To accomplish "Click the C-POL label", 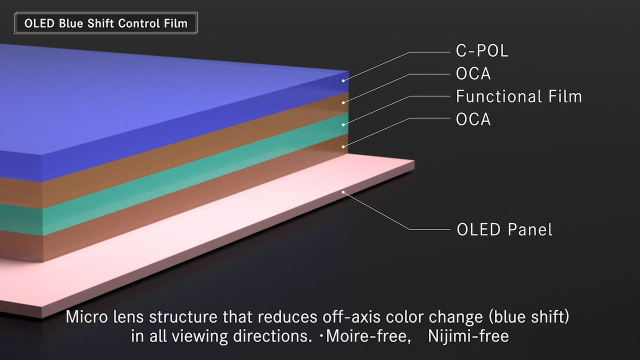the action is point(482,51).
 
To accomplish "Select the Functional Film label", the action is point(519,96).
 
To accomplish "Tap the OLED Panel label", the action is point(504,229).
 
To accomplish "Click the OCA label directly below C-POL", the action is point(473,73).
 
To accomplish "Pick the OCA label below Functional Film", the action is point(473,119).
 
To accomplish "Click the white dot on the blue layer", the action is point(343,81).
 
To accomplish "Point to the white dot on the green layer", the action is point(343,125).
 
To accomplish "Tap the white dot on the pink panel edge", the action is point(343,192).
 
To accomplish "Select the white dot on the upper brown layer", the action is point(343,103).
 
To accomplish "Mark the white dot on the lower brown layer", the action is point(343,147).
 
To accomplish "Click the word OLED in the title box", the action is point(39,23).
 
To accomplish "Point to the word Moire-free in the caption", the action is point(368,336).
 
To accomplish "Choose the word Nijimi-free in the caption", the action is point(468,336).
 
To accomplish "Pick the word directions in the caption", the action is point(272,336).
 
